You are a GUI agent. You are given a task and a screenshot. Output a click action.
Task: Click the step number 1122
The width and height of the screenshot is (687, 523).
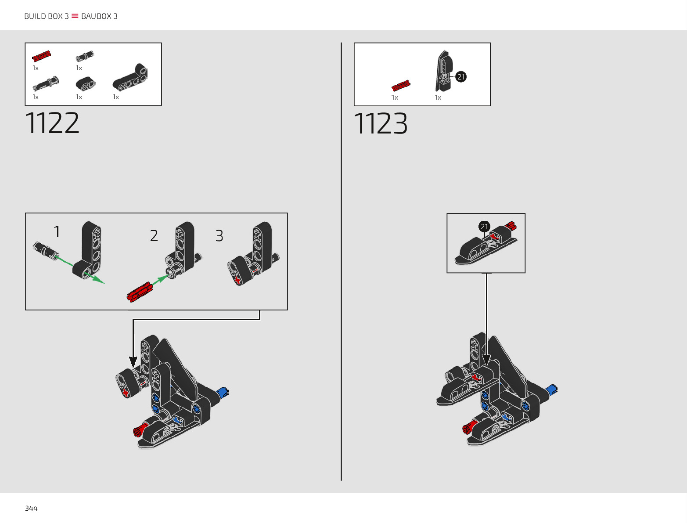pos(52,123)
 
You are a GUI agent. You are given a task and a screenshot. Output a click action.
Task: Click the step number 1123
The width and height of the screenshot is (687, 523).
pos(381,124)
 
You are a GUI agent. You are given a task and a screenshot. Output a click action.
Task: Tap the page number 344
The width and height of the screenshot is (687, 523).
pos(31,509)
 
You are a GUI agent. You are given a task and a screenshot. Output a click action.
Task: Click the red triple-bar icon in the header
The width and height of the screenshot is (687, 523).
pos(75,16)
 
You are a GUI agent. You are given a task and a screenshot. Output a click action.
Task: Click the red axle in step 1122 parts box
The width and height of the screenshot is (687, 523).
pos(41,56)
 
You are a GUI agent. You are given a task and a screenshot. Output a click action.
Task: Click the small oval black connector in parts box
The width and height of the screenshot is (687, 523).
pos(85,84)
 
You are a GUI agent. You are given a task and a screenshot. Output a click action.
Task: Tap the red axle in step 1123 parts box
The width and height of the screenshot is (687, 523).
pos(401,86)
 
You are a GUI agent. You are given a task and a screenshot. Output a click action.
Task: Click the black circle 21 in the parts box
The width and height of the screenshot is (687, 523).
pos(461,77)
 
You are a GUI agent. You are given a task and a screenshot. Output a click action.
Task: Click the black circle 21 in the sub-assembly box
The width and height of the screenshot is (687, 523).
pos(484,227)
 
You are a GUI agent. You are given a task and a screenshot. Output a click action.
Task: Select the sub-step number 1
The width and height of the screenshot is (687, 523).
pos(57,232)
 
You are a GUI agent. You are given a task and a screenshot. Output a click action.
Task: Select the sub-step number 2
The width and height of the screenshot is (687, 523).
pos(154,236)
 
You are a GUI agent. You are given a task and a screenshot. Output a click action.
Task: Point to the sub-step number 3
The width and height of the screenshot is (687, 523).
pos(219,236)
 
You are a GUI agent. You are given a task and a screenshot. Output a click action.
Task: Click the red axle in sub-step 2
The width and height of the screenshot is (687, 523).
pos(140,292)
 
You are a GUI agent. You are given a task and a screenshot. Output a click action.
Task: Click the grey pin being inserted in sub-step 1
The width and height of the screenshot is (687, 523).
pos(46,250)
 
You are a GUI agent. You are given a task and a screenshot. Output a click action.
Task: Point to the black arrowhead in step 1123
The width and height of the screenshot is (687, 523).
pos(486,360)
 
